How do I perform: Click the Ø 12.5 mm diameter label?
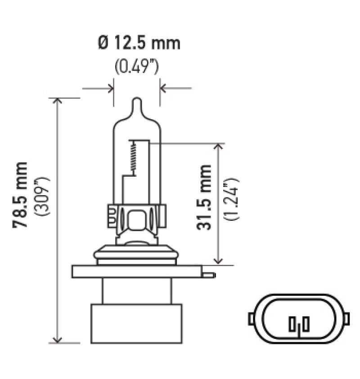139,43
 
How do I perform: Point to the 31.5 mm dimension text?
204,197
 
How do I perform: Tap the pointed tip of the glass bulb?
136,101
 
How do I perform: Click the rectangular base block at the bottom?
136,323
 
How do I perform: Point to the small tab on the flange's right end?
209,273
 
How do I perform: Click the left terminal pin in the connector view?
292,323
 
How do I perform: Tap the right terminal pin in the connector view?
306,323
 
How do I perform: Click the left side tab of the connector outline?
251,318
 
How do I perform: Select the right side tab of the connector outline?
346,318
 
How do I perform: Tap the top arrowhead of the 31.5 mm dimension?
219,147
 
